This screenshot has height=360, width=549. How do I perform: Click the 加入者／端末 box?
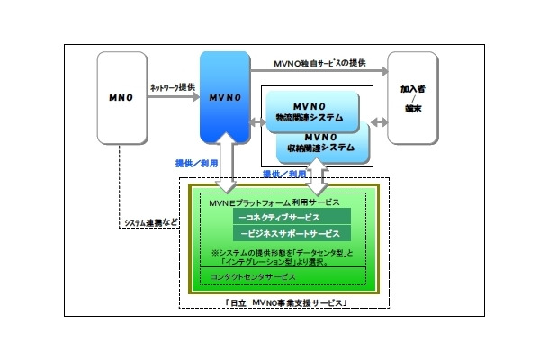pyautogui.click(x=414, y=96)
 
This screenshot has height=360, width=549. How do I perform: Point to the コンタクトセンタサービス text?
pyautogui.click(x=254, y=276)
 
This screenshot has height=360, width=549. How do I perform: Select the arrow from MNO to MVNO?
pyautogui.click(x=171, y=99)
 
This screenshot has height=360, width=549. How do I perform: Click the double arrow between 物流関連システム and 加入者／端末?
pyautogui.click(x=375, y=118)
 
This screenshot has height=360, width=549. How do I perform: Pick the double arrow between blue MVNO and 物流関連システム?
pyautogui.click(x=257, y=118)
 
